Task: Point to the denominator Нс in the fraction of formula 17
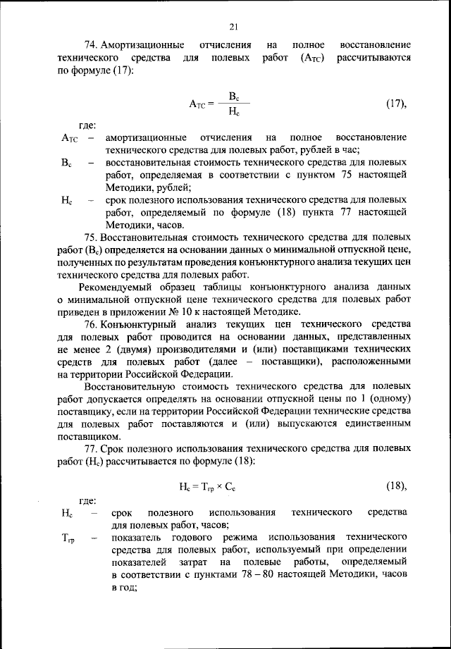click(235, 111)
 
